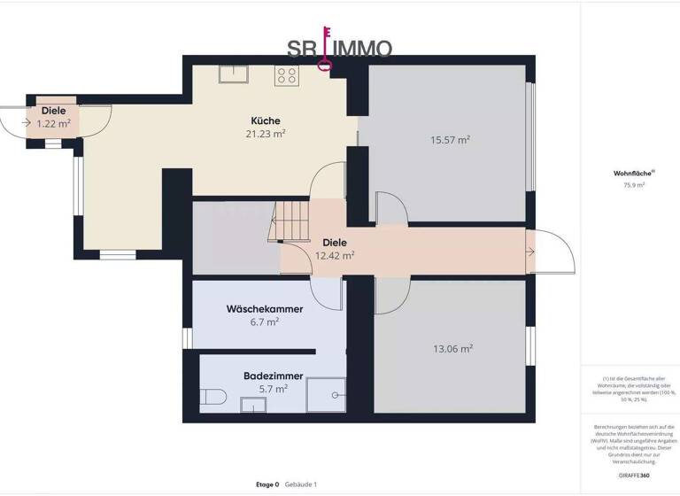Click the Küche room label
click(x=266, y=120)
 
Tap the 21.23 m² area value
click(x=267, y=134)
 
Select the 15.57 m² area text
click(x=450, y=140)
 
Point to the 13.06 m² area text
click(x=452, y=349)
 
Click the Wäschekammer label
click(x=265, y=309)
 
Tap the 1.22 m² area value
click(x=52, y=124)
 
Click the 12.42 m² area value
click(x=335, y=255)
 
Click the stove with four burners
click(x=286, y=75)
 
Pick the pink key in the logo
click(x=326, y=48)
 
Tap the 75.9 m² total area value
click(x=633, y=185)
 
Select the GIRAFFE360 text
click(x=633, y=476)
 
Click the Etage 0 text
click(x=267, y=484)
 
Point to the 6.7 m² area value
click(x=266, y=322)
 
